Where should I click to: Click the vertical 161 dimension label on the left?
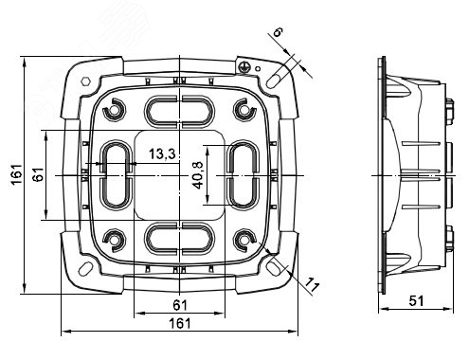(x=17, y=174)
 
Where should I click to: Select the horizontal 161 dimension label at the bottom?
(x=180, y=323)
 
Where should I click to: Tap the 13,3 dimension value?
(x=162, y=154)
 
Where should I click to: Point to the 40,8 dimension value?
(x=198, y=176)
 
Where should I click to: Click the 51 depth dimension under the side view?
(x=416, y=301)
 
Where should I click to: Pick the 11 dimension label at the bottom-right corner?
(x=312, y=284)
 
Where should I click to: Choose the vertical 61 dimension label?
(x=39, y=174)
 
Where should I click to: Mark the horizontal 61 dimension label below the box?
(x=180, y=305)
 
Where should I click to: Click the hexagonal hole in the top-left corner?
(x=85, y=81)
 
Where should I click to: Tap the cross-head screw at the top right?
(x=243, y=66)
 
